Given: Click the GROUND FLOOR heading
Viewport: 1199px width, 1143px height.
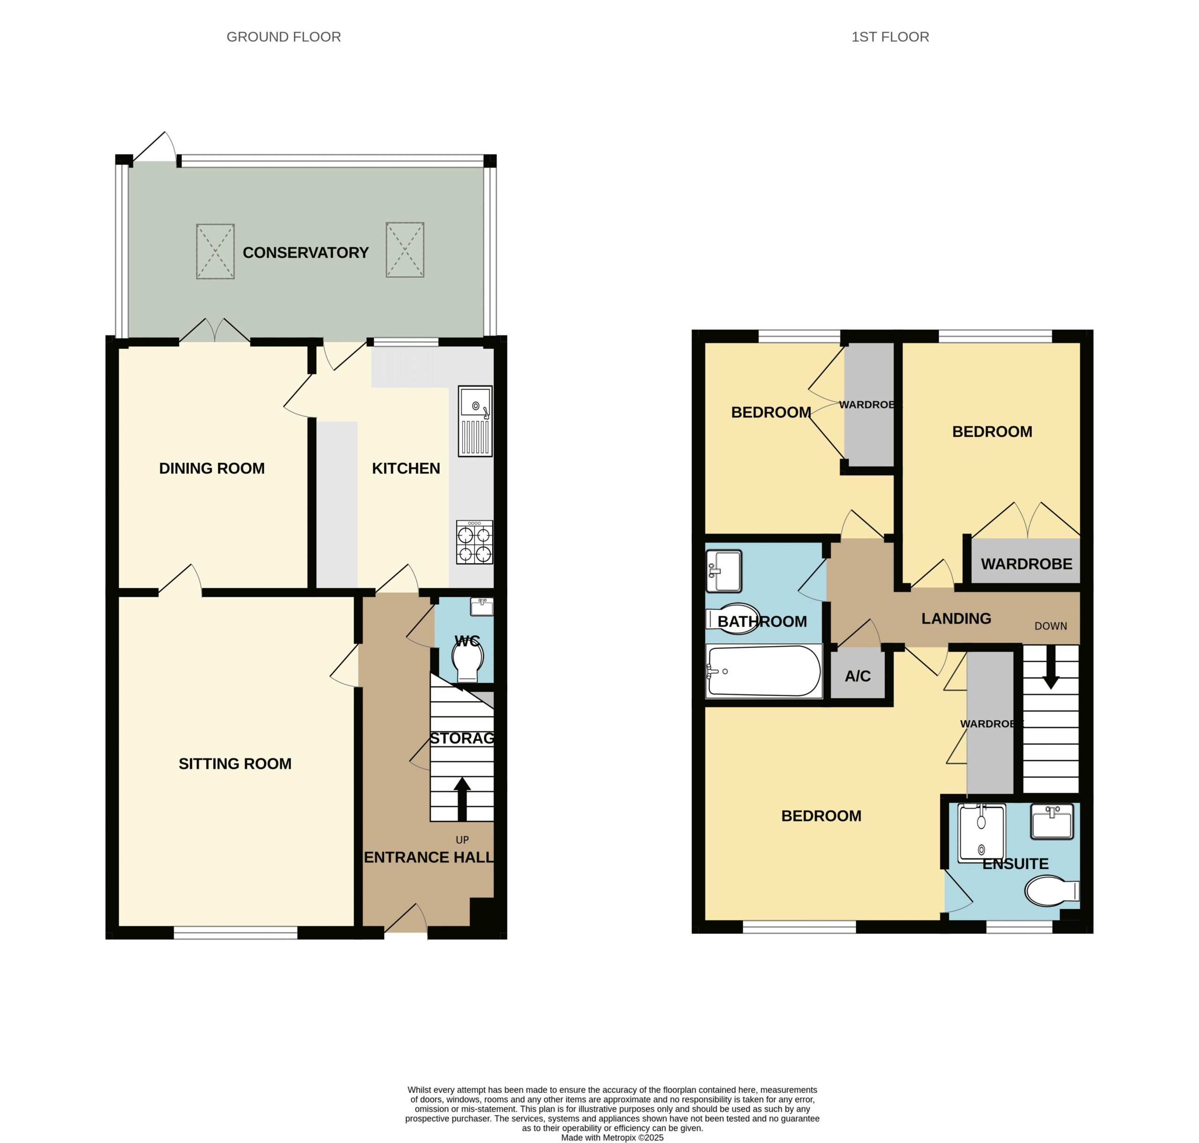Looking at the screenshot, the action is point(283,37).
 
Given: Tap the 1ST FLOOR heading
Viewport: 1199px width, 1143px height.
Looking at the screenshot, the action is point(890,37).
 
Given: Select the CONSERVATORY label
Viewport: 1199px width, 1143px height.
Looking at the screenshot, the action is point(305,252).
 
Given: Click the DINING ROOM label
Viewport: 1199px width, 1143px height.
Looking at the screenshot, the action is point(212,468).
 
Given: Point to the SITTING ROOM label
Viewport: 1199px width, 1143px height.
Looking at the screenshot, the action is point(235,763).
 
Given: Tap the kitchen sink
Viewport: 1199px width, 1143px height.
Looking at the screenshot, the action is point(475,421).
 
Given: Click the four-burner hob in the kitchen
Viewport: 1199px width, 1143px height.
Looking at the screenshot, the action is point(474,542).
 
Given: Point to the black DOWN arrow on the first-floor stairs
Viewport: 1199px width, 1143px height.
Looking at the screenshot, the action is point(1050,667).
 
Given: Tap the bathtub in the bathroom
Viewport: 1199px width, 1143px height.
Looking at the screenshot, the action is point(763,671).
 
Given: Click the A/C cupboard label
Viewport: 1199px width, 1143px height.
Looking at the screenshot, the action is point(858,676).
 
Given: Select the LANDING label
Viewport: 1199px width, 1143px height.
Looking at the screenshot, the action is point(956,618).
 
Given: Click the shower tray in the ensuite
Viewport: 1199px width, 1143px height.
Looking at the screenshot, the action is point(981,833).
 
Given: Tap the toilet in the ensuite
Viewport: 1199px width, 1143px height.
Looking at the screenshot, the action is point(1052,891).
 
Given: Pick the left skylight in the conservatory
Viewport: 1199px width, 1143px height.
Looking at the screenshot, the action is point(215,251).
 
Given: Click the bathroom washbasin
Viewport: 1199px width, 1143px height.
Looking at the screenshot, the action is point(724,571).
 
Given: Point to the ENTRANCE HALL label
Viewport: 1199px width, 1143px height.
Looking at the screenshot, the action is point(429,857).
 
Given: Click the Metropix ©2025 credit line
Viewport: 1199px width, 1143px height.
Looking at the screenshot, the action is point(613,1137).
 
